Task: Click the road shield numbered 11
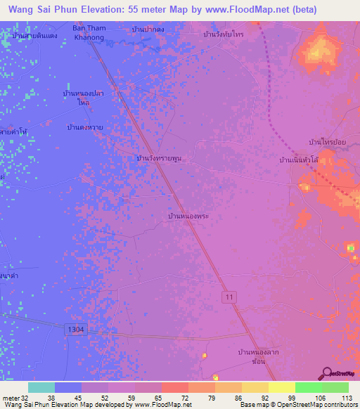click(x=230, y=298)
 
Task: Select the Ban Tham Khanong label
click(x=89, y=32)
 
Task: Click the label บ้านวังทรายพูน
click(x=159, y=158)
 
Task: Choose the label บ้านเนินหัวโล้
click(x=300, y=160)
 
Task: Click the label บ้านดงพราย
click(x=85, y=127)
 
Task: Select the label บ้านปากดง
click(x=149, y=30)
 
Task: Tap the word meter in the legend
click(x=10, y=398)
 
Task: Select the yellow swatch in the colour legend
click(x=282, y=387)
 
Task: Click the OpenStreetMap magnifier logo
click(x=326, y=373)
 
